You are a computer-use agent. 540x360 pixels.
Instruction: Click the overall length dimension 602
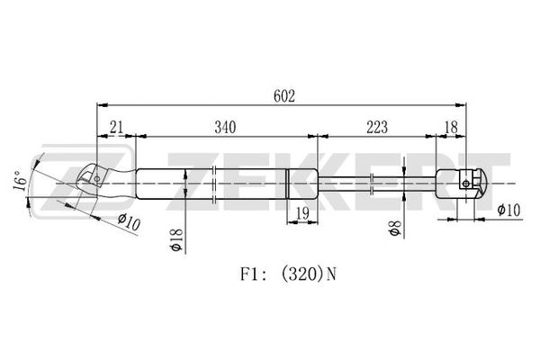pyautogui.click(x=284, y=96)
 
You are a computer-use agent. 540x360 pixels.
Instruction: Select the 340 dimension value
pyautogui.click(x=225, y=128)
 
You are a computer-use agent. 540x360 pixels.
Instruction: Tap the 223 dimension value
pyautogui.click(x=377, y=128)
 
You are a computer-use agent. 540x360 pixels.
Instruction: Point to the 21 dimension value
pyautogui.click(x=116, y=128)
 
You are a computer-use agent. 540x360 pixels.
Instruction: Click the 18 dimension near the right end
pyautogui.click(x=451, y=128)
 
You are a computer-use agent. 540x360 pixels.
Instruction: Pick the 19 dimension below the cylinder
pyautogui.click(x=302, y=214)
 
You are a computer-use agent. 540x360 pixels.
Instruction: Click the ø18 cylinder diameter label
pyautogui.click(x=176, y=239)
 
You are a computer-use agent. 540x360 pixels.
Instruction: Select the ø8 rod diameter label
pyautogui.click(x=395, y=228)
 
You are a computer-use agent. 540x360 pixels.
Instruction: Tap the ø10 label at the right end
pyautogui.click(x=508, y=210)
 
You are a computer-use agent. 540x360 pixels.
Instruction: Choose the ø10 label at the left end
pyautogui.click(x=129, y=222)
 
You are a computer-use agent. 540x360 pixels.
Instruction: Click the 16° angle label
pyautogui.click(x=21, y=181)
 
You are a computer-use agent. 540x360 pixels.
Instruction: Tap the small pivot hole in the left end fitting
pyautogui.click(x=97, y=179)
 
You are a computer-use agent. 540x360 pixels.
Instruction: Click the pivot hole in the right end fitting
pyautogui.click(x=465, y=184)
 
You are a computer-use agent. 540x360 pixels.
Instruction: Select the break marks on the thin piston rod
pyautogui.click(x=372, y=184)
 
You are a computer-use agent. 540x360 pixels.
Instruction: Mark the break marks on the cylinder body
pyautogui.click(x=214, y=184)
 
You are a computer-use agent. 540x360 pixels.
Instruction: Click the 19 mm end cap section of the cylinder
pyautogui.click(x=302, y=184)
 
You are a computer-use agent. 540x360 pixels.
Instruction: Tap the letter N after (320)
pyautogui.click(x=331, y=274)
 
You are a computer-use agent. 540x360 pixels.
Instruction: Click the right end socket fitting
pyautogui.click(x=462, y=184)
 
